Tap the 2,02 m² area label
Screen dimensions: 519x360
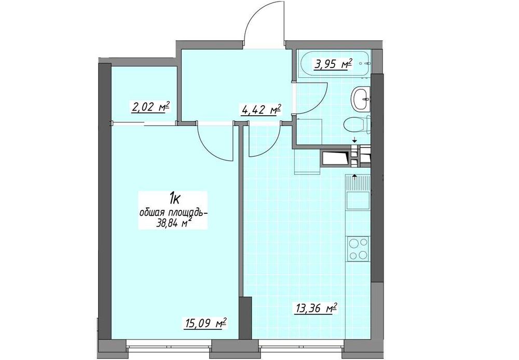[x=151, y=107]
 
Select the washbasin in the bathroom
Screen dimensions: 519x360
[x=361, y=98]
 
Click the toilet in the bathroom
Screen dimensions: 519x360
[x=357, y=125]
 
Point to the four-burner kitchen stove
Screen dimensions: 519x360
[x=358, y=248]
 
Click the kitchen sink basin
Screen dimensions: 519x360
[x=358, y=200]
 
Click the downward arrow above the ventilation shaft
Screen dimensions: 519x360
[x=354, y=140]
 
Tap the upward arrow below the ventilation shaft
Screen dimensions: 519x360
[x=354, y=176]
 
